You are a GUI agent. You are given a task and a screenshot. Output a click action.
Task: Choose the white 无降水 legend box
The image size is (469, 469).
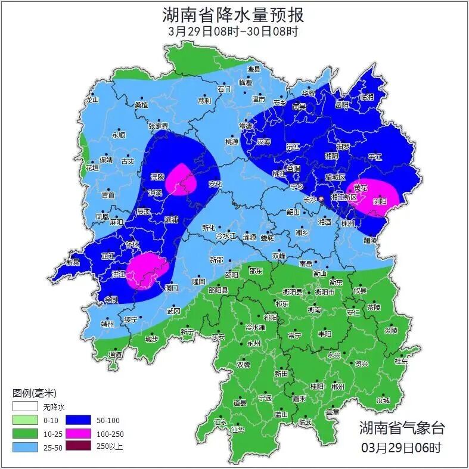pyautogui.click(x=24, y=408)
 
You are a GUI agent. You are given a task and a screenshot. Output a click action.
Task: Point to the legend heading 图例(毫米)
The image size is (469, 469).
pyautogui.click(x=34, y=393)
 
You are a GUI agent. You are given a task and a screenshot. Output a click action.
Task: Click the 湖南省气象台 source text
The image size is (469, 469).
pyautogui.click(x=401, y=428)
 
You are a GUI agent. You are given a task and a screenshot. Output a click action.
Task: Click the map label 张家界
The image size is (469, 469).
pyautogui.click(x=159, y=126)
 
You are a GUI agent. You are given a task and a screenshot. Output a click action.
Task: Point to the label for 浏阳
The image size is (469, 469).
pyautogui.click(x=379, y=201)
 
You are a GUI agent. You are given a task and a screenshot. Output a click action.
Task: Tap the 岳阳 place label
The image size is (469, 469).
pyautogui.click(x=341, y=104)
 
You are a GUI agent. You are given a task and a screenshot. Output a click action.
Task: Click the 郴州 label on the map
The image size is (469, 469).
pyautogui.click(x=338, y=387)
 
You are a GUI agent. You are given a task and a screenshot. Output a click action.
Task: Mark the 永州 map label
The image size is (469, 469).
pyautogui.click(x=253, y=344)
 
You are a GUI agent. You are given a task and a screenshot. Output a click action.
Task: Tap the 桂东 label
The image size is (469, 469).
pyautogui.click(x=401, y=361)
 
